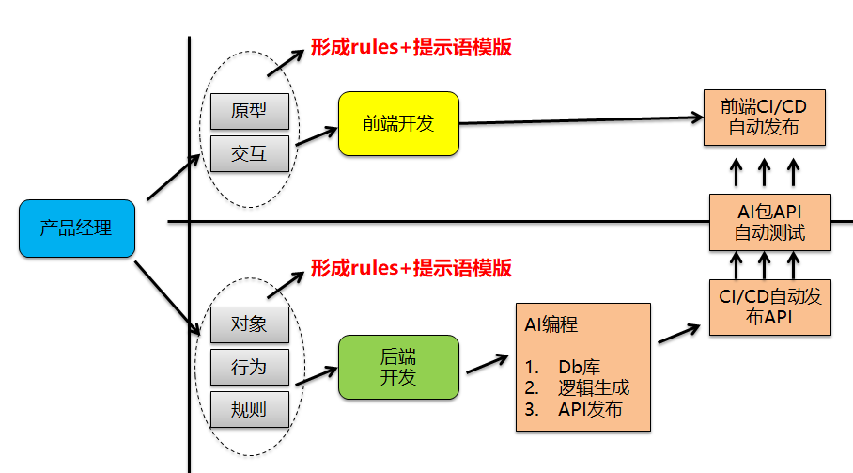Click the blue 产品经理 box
pos(76,228)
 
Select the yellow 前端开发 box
pos(398,123)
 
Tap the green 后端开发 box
pos(398,367)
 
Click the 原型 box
pos(249,111)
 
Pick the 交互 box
pos(249,153)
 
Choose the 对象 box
pos(249,324)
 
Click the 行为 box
pos(249,367)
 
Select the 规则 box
pos(249,409)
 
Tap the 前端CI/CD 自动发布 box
pos(765,117)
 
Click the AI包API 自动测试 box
pos(769,223)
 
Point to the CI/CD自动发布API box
pos(769,307)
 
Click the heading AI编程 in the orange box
pos(551,325)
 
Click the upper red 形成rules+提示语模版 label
pos(411,48)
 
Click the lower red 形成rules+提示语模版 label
pos(411,268)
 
